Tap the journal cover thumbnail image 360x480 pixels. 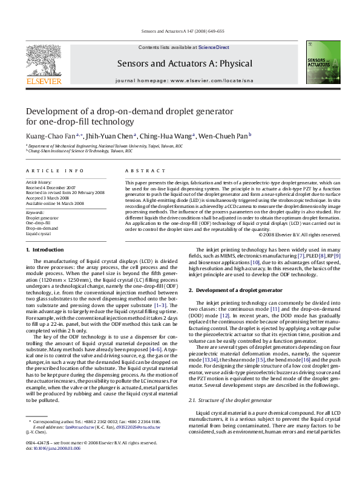319,61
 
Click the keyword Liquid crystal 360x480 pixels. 39,232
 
